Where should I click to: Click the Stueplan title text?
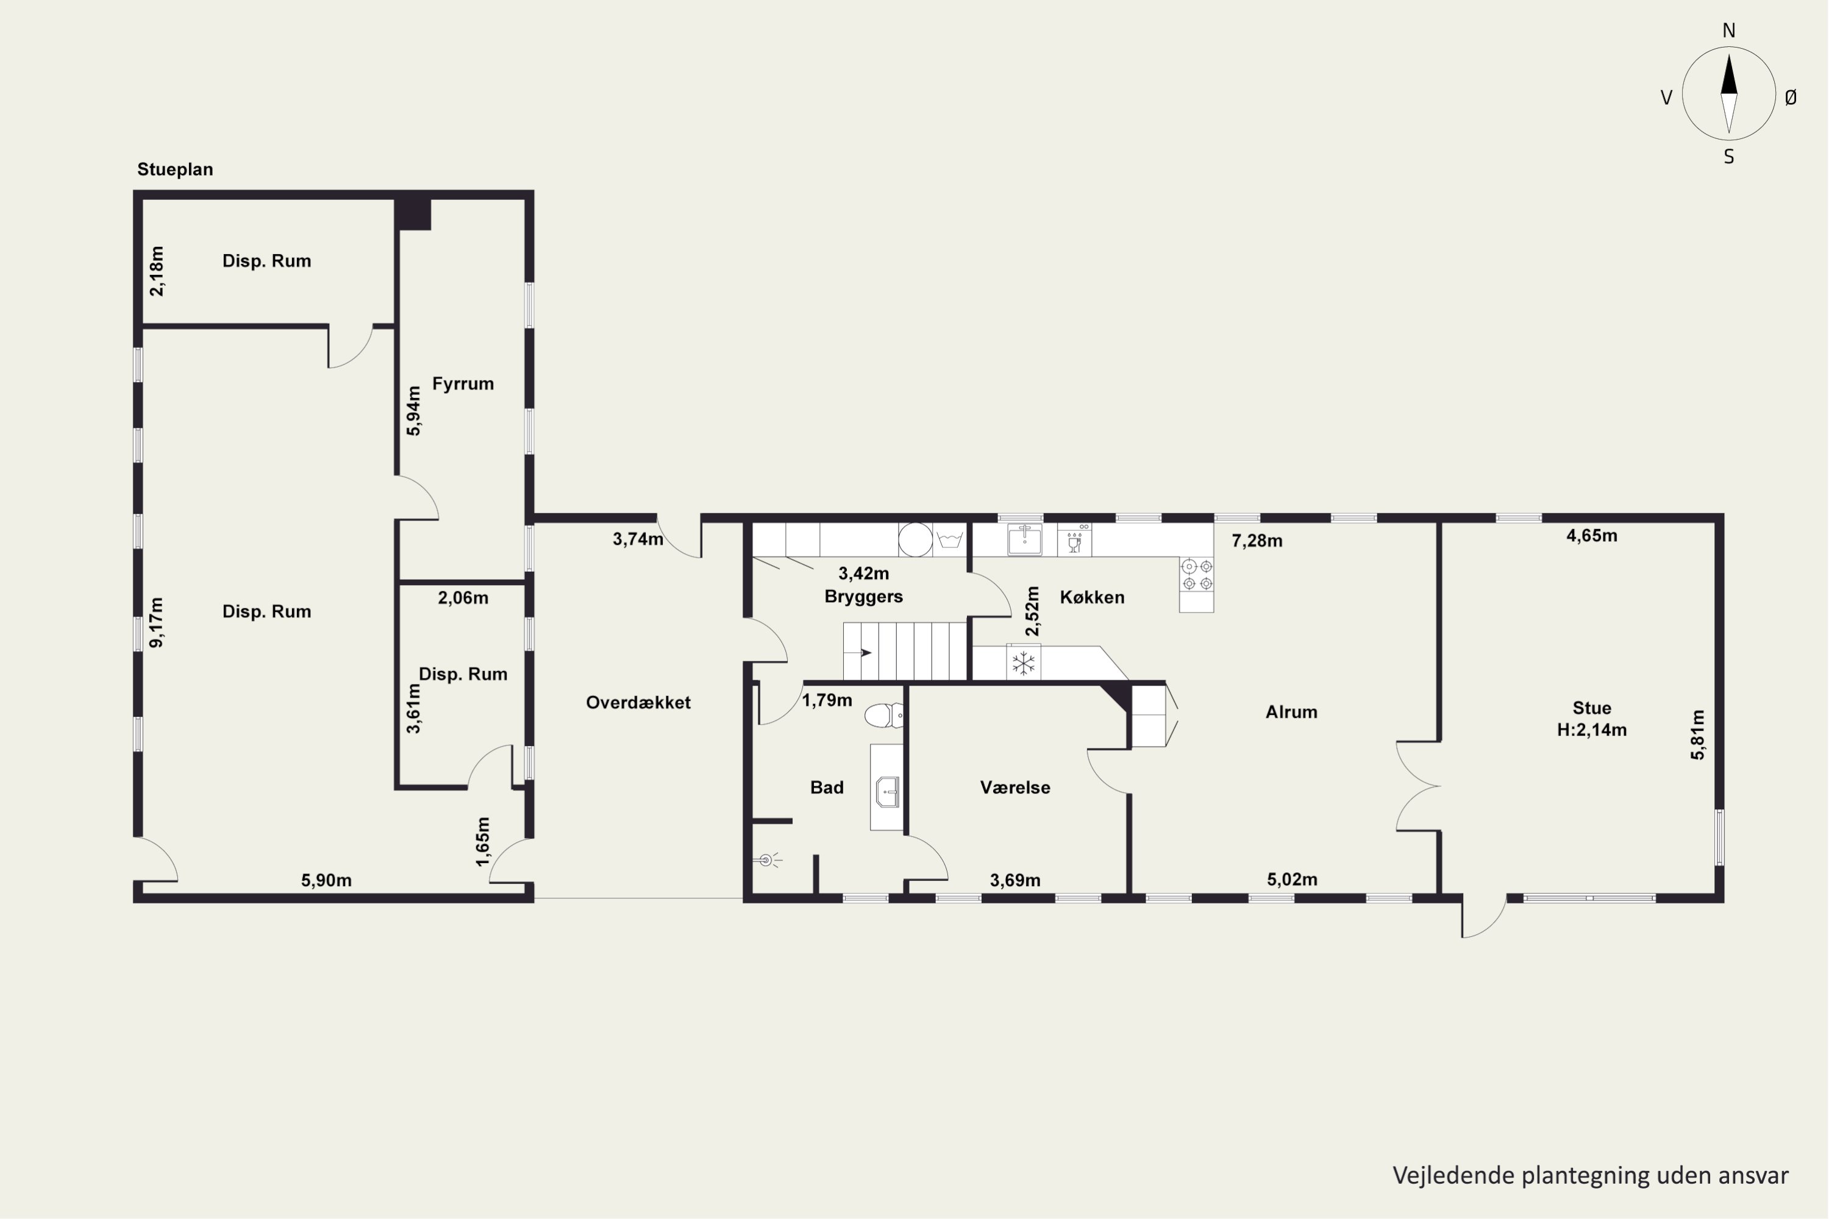pyautogui.click(x=175, y=169)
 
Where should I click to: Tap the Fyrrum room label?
pyautogui.click(x=463, y=383)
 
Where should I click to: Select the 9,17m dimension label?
pyautogui.click(x=156, y=622)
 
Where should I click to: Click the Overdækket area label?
pyautogui.click(x=638, y=702)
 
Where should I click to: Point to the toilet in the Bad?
pyautogui.click(x=884, y=715)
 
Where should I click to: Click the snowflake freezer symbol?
pyautogui.click(x=1024, y=663)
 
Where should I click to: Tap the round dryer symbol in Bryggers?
pyautogui.click(x=915, y=539)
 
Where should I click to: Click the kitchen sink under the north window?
pyautogui.click(x=1025, y=539)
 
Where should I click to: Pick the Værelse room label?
pyautogui.click(x=1015, y=787)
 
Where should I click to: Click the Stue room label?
pyautogui.click(x=1592, y=708)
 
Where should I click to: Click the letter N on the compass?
pyautogui.click(x=1728, y=30)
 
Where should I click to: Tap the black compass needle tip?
pyautogui.click(x=1728, y=53)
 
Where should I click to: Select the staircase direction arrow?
pyautogui.click(x=866, y=652)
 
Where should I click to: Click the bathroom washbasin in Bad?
pyautogui.click(x=887, y=792)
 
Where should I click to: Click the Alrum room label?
pyautogui.click(x=1291, y=712)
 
